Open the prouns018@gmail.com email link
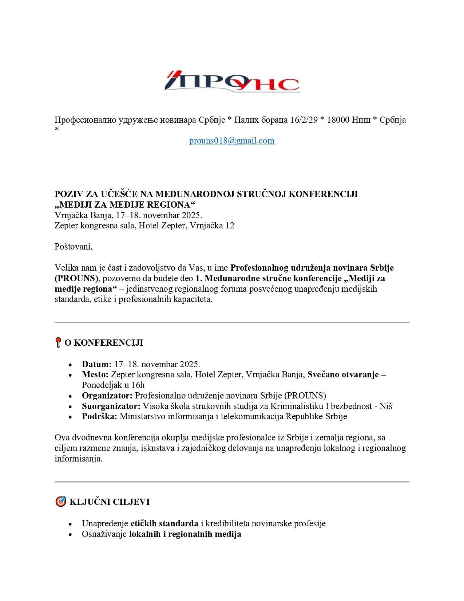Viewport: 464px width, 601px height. (x=232, y=141)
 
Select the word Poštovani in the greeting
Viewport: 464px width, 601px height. (x=73, y=247)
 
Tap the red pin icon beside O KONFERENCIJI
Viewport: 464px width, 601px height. (x=58, y=342)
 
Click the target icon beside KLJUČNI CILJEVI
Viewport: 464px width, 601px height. (x=60, y=502)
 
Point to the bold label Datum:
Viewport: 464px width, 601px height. (x=96, y=364)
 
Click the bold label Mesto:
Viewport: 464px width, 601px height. (x=95, y=374)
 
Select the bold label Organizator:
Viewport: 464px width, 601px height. (x=107, y=396)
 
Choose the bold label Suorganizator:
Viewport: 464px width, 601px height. (x=111, y=406)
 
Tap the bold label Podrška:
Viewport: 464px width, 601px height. (x=99, y=416)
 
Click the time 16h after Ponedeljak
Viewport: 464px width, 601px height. (x=138, y=385)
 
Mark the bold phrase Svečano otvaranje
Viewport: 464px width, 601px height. (x=343, y=374)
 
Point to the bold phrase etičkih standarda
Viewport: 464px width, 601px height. (x=164, y=523)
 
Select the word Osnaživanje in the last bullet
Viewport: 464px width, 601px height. (x=104, y=534)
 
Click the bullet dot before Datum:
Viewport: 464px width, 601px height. (x=70, y=365)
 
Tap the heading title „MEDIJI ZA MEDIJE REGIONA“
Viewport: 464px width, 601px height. (x=125, y=205)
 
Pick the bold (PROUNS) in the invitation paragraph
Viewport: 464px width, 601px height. (x=76, y=278)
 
